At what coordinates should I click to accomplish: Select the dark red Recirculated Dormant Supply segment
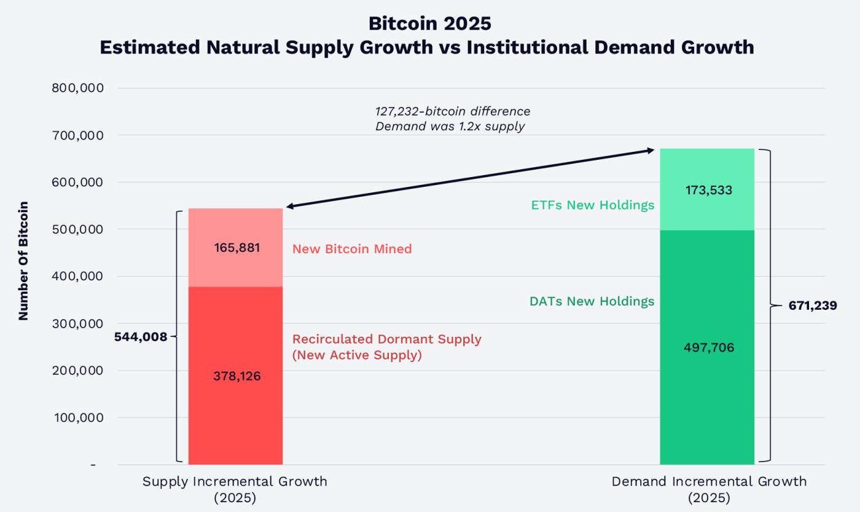[x=235, y=418]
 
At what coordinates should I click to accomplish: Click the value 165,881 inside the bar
[x=237, y=248]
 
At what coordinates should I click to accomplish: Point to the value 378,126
[x=237, y=376]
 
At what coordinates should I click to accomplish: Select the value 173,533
[x=709, y=191]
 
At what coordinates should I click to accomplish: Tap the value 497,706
[x=709, y=348]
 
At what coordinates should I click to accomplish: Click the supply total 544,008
[x=141, y=337]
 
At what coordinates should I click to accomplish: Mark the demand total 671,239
[x=812, y=305]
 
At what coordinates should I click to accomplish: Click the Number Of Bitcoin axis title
[x=24, y=261]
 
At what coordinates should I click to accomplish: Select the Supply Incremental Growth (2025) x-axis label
[x=235, y=489]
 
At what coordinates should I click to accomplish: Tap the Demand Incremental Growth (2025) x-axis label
[x=709, y=489]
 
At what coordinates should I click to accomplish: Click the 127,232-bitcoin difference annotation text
[x=453, y=112]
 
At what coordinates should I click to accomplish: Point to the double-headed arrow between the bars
[x=470, y=178]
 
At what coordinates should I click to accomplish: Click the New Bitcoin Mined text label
[x=352, y=249]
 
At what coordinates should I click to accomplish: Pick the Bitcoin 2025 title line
[x=430, y=23]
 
